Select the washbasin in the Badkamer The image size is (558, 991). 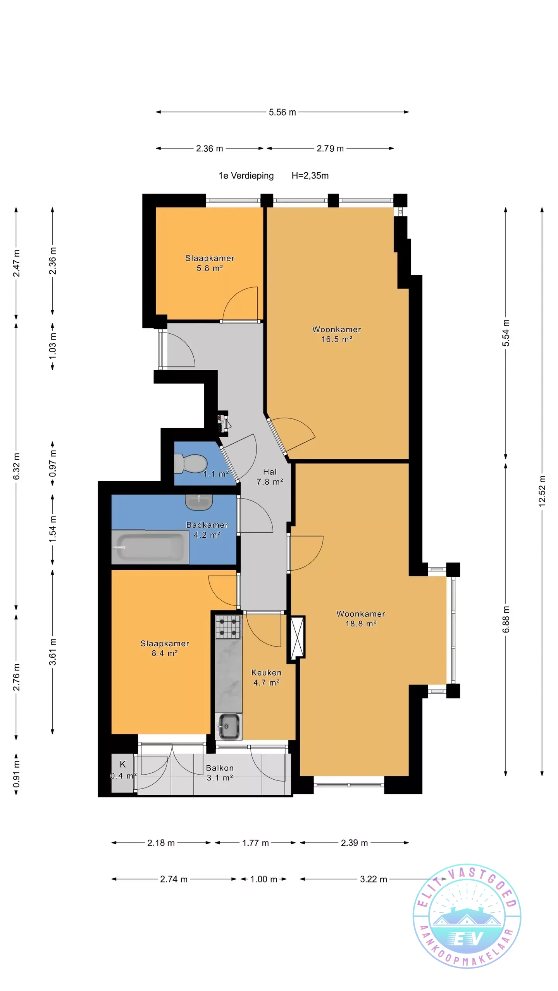coord(199,502)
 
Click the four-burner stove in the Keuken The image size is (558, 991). coord(229,626)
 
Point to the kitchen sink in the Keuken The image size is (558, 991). coord(229,725)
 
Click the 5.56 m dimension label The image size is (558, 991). coord(282,112)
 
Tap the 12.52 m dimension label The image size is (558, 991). coord(542,491)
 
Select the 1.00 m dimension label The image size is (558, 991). coord(263,879)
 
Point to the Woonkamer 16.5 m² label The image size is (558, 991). coord(336,334)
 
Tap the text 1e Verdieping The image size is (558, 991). coord(246,176)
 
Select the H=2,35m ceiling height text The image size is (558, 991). coord(310,176)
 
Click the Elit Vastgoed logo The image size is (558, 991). coord(467,916)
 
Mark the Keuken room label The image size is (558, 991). coord(266,677)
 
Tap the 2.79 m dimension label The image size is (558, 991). coord(330,149)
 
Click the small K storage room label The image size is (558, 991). coord(123,764)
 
